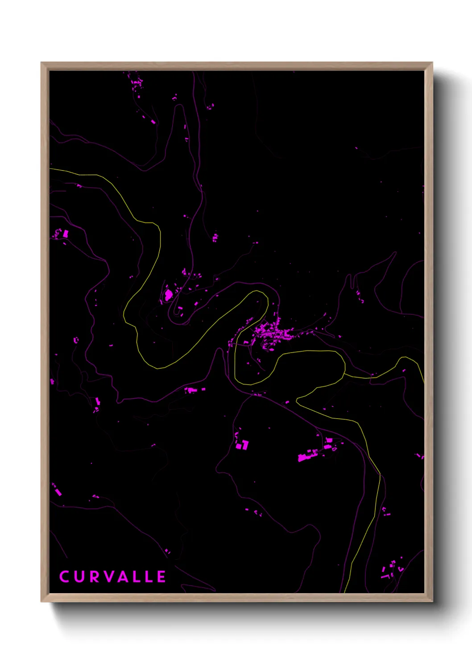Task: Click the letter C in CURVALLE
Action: pos(65,577)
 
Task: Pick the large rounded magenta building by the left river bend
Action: pos(169,294)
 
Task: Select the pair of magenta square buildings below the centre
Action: pos(242,445)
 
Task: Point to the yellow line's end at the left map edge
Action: pos(50,169)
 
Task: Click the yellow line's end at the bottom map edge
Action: pos(345,592)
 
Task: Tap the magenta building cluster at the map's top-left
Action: pos(137,83)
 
